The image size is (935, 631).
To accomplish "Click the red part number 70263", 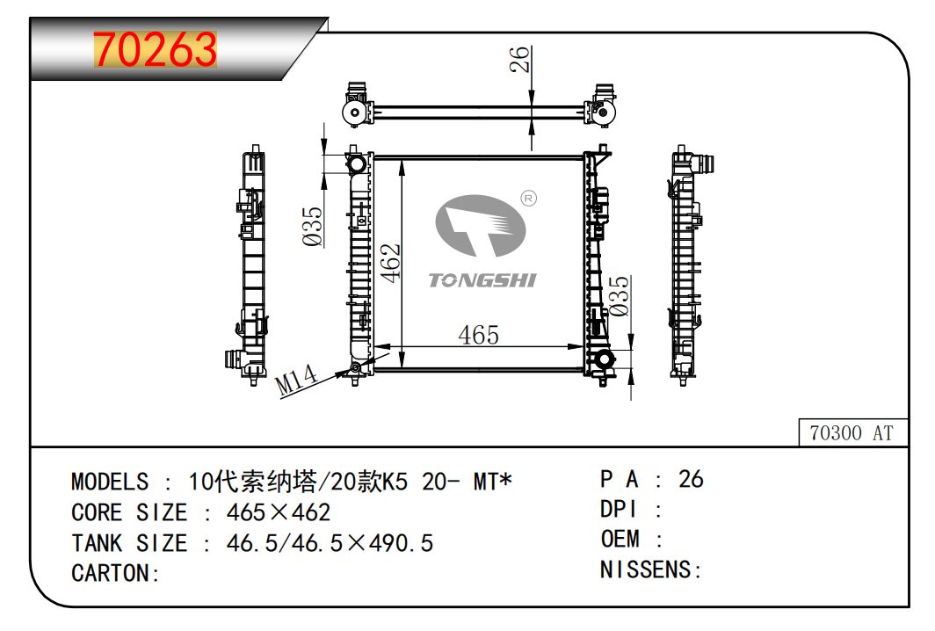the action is coord(155,49).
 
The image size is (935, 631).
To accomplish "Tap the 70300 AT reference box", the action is coord(852,432).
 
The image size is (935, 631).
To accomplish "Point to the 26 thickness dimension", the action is coord(519,59).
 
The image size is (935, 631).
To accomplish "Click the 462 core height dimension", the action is coord(390,263).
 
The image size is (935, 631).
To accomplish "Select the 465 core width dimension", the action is coord(478,335).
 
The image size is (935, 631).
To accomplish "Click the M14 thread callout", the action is coord(297,380).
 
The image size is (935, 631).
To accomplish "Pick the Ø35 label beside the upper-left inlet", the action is coord(312,227).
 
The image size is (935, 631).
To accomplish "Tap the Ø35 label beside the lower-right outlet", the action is coord(619,296).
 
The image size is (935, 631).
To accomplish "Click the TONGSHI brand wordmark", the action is coord(482,280).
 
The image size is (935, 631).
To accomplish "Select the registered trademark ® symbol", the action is coord(528,198).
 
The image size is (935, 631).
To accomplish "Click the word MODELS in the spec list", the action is coord(110,482).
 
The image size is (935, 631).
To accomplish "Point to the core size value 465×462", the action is coord(278,512).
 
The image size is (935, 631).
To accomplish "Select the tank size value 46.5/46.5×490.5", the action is coord(330,543).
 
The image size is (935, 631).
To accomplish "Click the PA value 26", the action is coord(691,479).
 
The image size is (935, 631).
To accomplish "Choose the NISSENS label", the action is coord(650,569).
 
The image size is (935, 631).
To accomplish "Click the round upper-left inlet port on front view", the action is coord(356,163).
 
